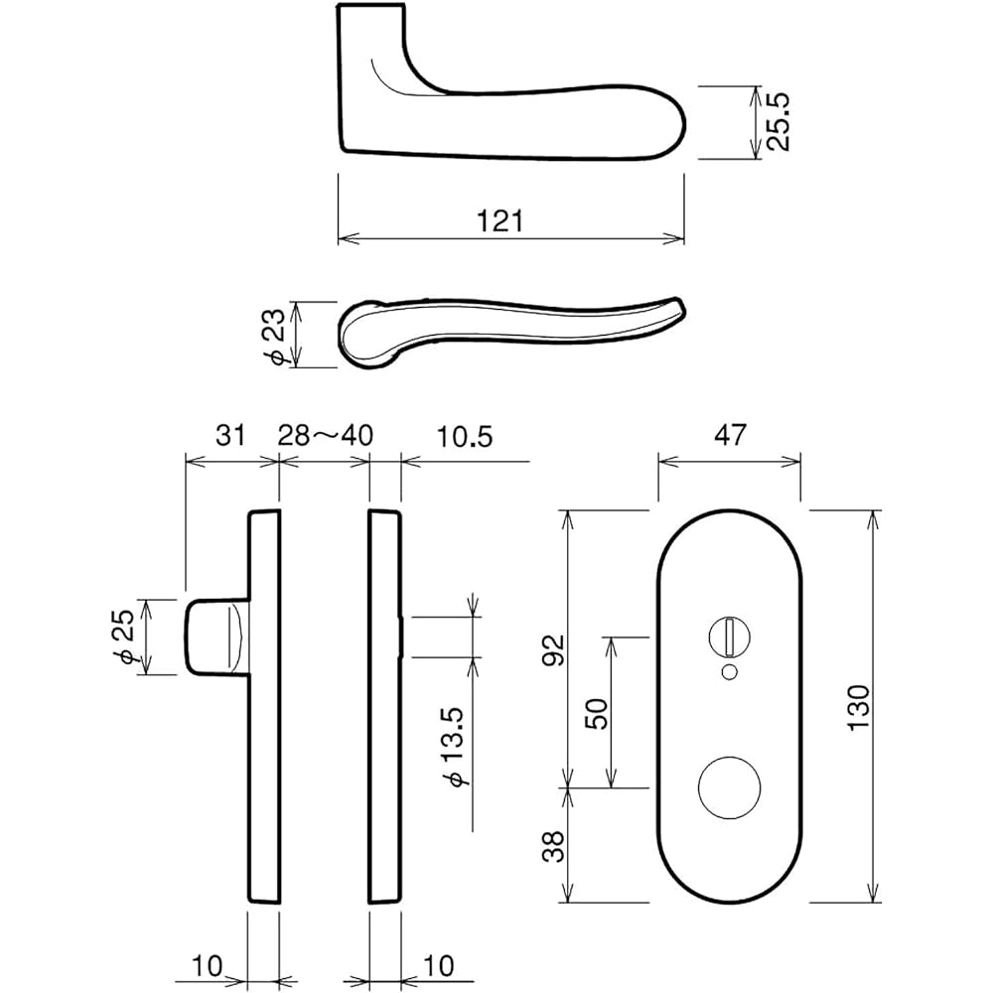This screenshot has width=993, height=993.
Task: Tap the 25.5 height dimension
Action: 780,121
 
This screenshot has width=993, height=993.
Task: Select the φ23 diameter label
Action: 278,335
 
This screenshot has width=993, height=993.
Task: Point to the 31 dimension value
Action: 229,435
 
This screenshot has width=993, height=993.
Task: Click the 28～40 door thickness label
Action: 325,435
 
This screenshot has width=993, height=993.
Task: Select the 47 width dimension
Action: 729,435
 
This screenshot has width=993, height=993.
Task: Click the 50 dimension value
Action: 597,713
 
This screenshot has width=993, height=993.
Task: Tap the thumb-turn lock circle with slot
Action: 729,635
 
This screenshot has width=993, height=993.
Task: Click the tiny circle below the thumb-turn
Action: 729,673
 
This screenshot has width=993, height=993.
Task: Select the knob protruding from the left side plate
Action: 213,637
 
